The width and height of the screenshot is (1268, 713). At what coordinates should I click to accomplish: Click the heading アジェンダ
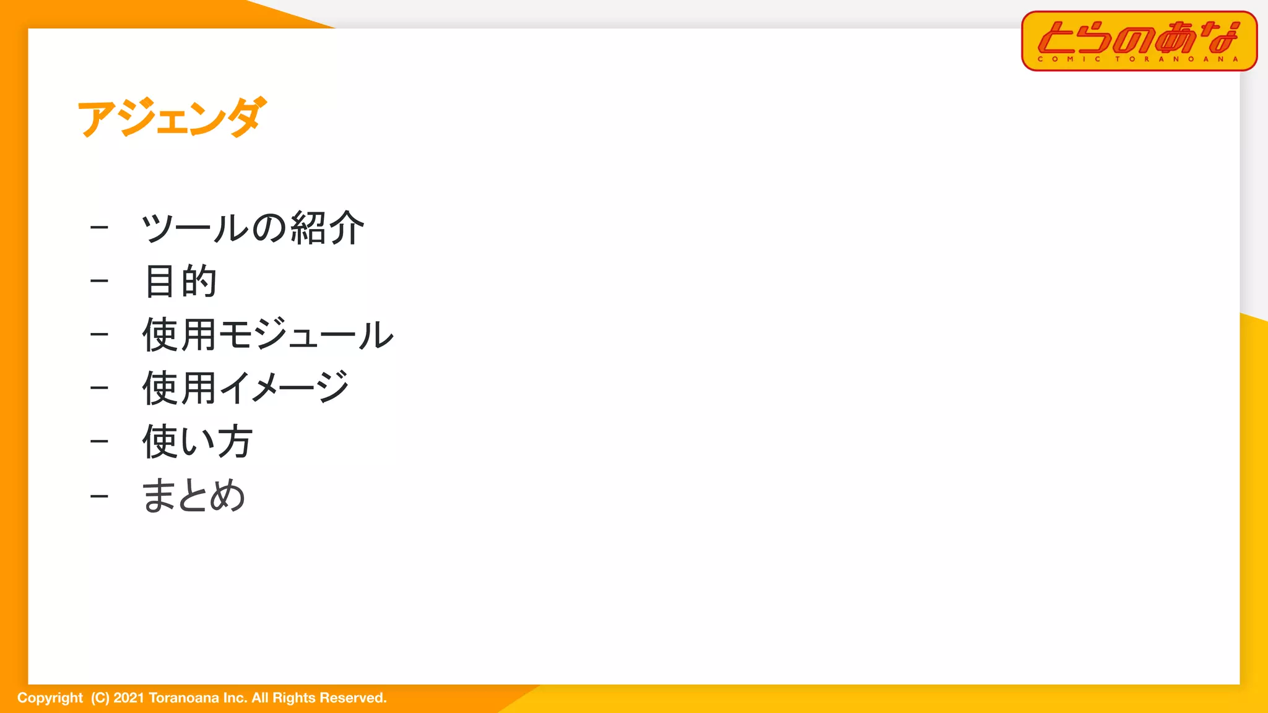coord(172,118)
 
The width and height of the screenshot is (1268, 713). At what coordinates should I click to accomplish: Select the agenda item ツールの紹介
coord(253,228)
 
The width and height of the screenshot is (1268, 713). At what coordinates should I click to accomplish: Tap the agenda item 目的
coord(180,281)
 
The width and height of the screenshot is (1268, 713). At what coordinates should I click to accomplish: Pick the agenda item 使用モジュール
coord(267,335)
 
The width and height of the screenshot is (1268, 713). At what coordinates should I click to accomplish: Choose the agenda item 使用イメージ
coord(246,388)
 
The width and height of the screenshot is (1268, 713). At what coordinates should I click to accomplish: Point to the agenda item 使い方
coord(197,442)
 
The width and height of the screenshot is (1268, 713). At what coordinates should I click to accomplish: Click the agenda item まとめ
coord(193,496)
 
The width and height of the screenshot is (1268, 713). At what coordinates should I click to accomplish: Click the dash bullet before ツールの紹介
coord(99,228)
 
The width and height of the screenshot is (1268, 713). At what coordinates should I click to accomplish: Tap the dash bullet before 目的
coord(99,282)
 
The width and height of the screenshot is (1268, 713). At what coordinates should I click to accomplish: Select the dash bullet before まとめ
coord(99,496)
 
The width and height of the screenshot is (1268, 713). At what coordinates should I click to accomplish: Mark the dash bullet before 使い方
coord(99,442)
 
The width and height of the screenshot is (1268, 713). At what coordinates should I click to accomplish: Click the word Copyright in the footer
coord(50,698)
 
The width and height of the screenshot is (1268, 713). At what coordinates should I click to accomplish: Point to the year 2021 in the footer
coord(129,698)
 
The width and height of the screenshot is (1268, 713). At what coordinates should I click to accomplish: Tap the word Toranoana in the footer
coord(184,698)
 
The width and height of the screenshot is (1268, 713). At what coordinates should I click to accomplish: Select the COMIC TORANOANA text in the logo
coord(1138,59)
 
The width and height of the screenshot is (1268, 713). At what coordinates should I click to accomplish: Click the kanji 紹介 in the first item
coord(327,228)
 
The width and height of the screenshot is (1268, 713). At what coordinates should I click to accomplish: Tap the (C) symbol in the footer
coord(100,698)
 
